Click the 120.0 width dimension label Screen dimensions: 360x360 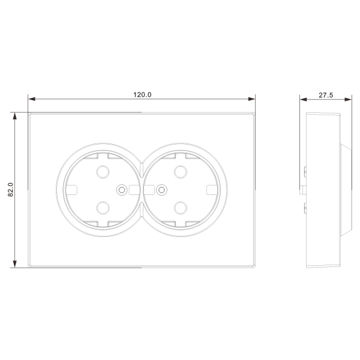coord(142,95)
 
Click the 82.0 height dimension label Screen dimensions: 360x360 coord(11,190)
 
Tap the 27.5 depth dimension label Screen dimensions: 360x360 coord(326,95)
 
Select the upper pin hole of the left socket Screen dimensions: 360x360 coord(103,172)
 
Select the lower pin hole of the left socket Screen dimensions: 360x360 coord(103,208)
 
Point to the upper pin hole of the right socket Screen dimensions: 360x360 coord(181,172)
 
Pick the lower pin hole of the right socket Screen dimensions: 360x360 coord(181,208)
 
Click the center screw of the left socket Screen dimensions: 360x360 coord(122,190)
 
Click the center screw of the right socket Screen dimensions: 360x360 coord(161,190)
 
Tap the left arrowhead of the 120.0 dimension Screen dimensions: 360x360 coord(32,99)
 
